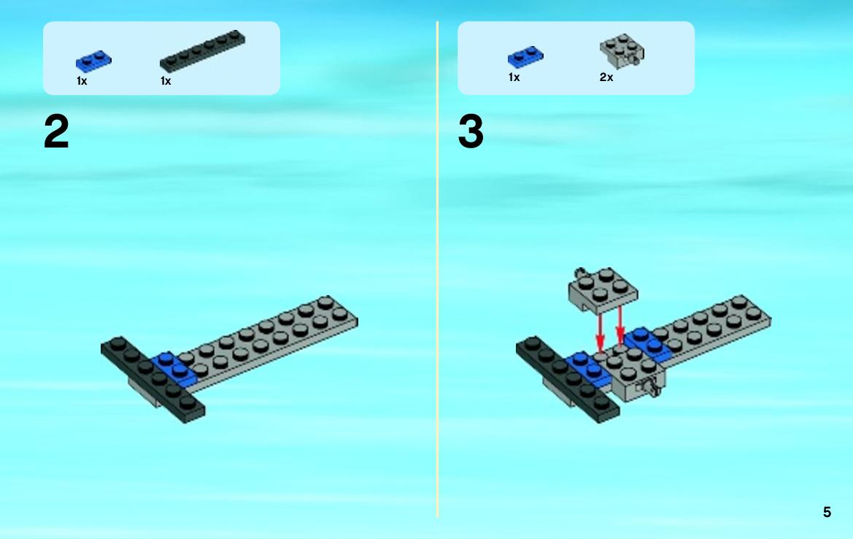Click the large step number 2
click(56, 131)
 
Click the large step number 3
click(471, 131)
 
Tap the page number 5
click(827, 512)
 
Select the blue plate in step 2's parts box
click(93, 61)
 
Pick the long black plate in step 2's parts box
click(202, 50)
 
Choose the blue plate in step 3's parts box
click(525, 57)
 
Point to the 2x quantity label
click(606, 77)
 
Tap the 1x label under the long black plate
click(166, 81)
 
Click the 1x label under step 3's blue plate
click(514, 77)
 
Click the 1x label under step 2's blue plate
click(82, 81)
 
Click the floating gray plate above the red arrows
click(603, 290)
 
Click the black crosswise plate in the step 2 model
click(153, 380)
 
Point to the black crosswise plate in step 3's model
click(568, 380)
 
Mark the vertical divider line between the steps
click(437, 269)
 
